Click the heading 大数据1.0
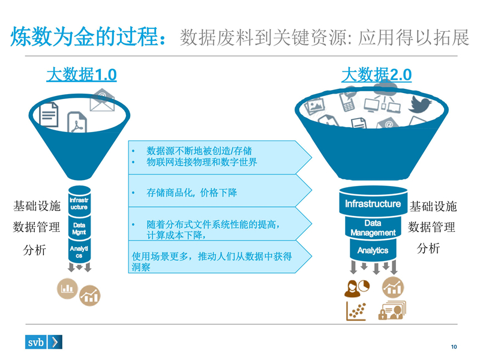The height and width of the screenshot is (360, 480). [82, 75]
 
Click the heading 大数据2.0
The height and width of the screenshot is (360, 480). [376, 75]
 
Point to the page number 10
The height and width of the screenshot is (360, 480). [454, 347]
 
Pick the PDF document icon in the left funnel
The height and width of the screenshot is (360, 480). [77, 123]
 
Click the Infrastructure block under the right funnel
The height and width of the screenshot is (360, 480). [373, 204]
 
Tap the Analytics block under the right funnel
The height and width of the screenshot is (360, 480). [373, 250]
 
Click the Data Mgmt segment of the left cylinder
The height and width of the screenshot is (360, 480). [79, 228]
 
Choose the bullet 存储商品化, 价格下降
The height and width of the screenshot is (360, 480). [192, 193]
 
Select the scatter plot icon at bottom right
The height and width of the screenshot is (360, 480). [356, 311]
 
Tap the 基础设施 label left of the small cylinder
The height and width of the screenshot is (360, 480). [37, 206]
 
